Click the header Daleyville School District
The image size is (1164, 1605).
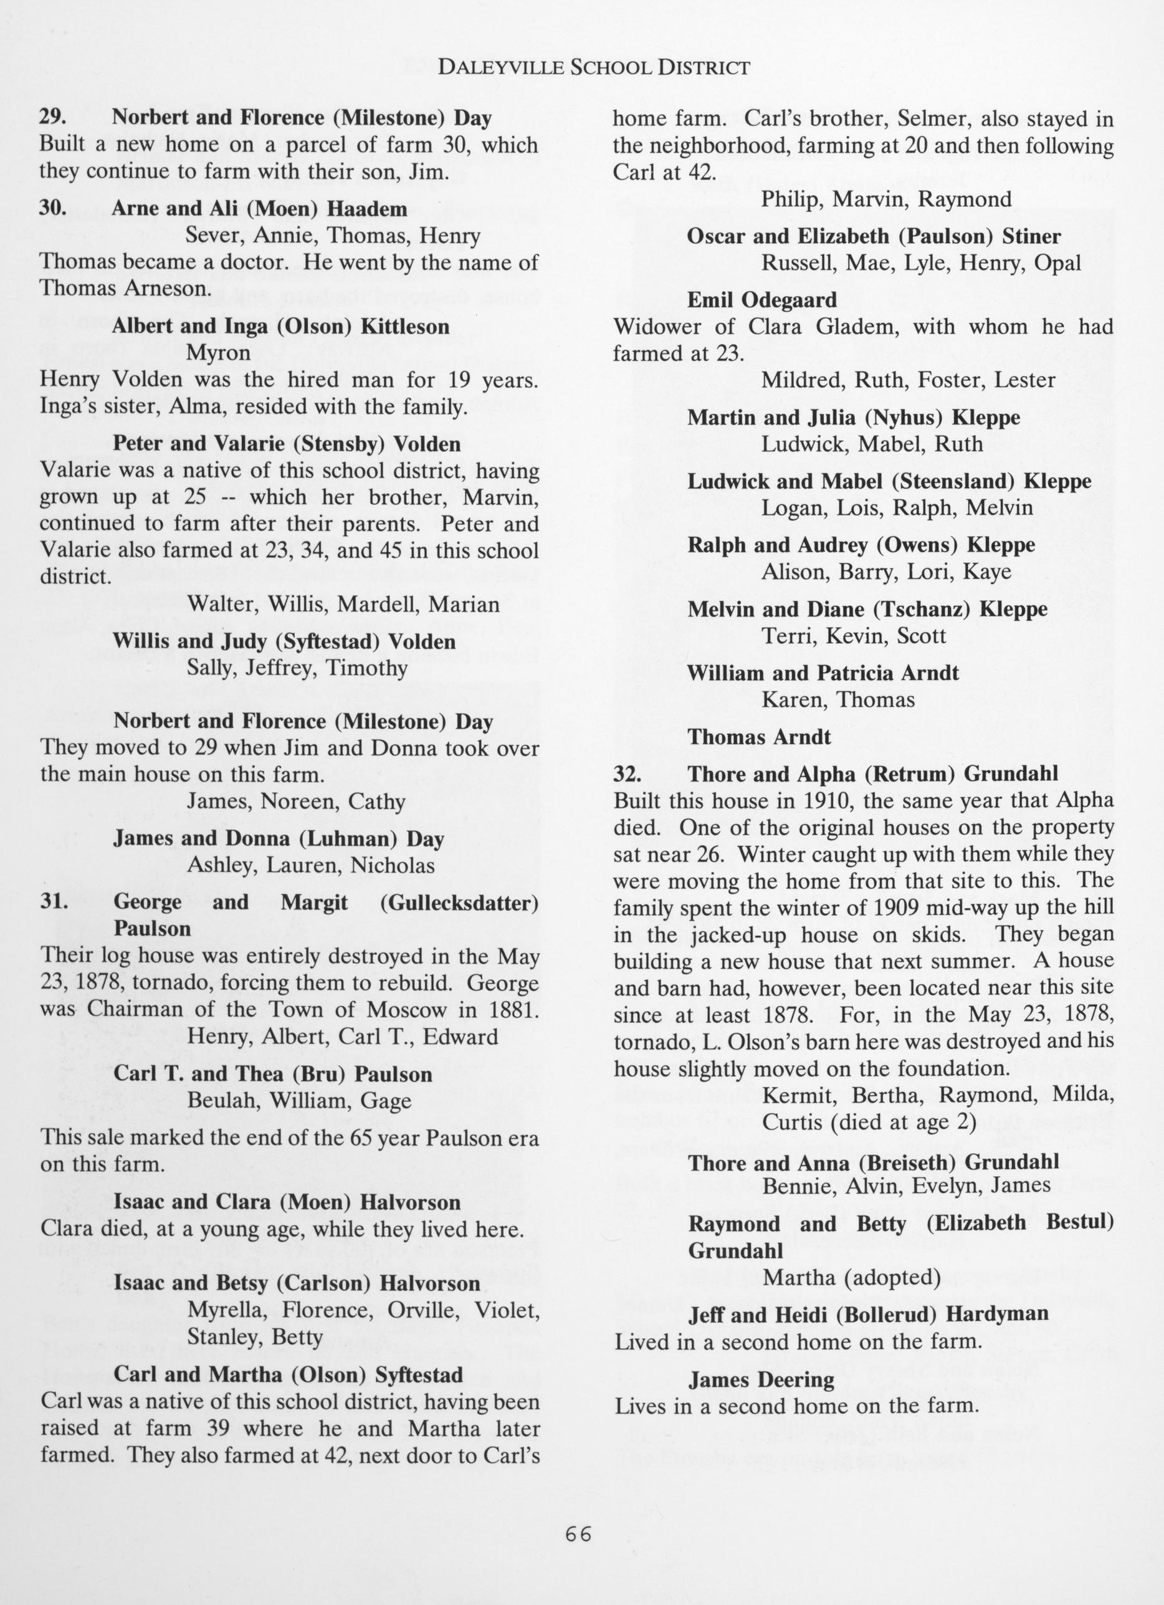pyautogui.click(x=594, y=68)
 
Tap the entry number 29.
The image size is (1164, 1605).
pyautogui.click(x=52, y=117)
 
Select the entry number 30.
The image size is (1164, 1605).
pyautogui.click(x=53, y=209)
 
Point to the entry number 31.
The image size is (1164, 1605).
pyautogui.click(x=53, y=903)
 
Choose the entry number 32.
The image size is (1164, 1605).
pyautogui.click(x=627, y=774)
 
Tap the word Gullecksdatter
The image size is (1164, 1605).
pyautogui.click(x=459, y=903)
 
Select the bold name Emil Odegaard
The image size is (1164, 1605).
pyautogui.click(x=762, y=300)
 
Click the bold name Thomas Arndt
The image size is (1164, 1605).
pyautogui.click(x=759, y=737)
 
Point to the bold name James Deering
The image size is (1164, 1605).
pyautogui.click(x=761, y=1379)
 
